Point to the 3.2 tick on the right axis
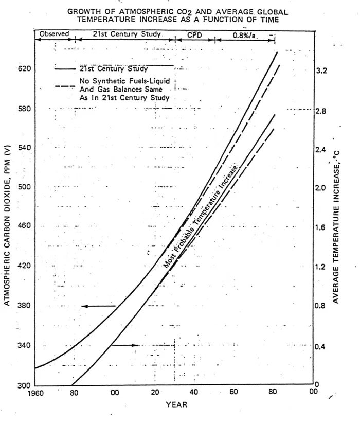tap(321, 72)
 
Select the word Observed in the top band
tap(54, 34)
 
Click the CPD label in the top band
tap(194, 34)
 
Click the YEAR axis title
tap(176, 404)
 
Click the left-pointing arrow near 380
tap(98, 306)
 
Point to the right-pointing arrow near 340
tap(125, 345)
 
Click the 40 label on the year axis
tap(194, 393)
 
